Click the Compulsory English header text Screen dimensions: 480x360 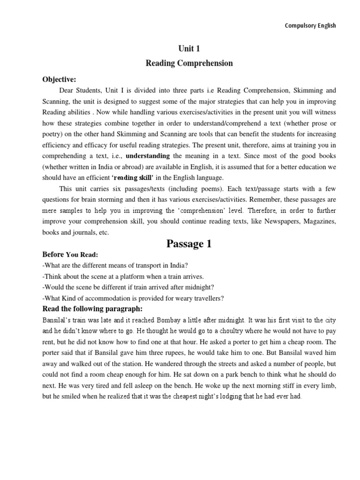pos(310,26)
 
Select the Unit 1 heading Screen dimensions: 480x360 pos(188,48)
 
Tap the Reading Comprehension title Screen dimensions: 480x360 pos(188,63)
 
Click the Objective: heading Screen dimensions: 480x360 pos(59,79)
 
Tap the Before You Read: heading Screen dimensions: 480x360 pos(70,255)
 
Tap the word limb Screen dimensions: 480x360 pos(329,385)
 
